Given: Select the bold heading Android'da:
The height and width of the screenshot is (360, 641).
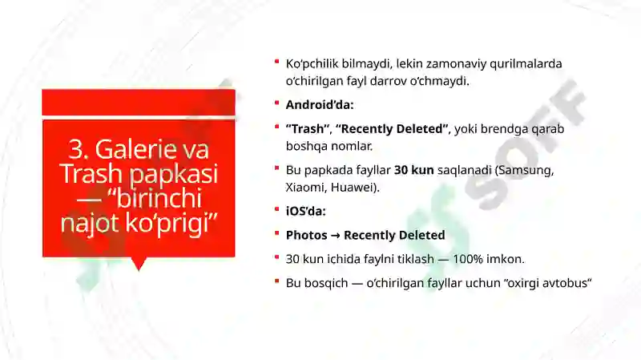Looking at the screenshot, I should coord(319,104).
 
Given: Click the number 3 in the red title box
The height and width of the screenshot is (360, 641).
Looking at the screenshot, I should coord(76,149).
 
